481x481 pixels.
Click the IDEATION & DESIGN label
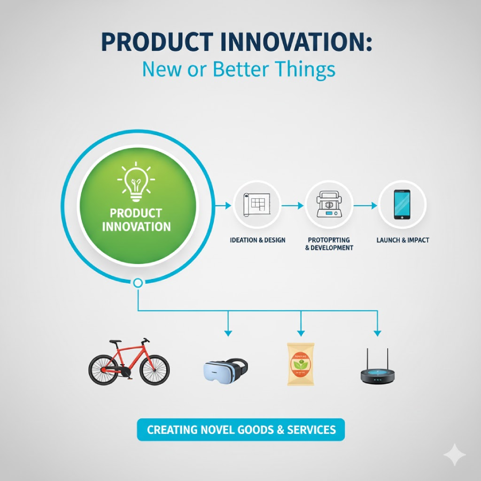(x=257, y=240)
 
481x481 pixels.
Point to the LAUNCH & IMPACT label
(x=402, y=240)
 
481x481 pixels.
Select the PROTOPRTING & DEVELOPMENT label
(x=329, y=244)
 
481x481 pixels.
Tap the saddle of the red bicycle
(x=116, y=341)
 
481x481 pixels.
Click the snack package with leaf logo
(x=300, y=363)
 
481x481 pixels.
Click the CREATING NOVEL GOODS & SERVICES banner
(x=241, y=430)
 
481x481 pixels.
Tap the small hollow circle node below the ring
(x=138, y=283)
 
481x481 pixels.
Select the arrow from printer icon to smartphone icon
(x=366, y=205)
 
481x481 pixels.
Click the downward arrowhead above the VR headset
(x=228, y=332)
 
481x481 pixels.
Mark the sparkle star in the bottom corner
(x=454, y=455)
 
